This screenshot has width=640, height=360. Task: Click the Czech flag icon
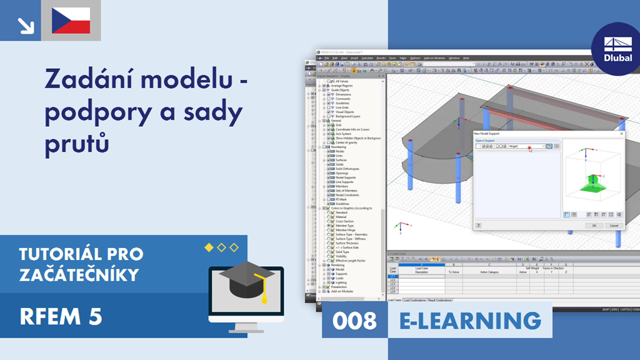click(x=71, y=21)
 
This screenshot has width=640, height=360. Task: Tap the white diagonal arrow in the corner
click(x=26, y=25)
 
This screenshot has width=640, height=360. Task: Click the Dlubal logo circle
click(x=614, y=47)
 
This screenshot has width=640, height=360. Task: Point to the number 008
click(x=354, y=321)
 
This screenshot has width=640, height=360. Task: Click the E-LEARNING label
click(x=470, y=321)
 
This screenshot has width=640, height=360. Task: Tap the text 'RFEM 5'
click(x=61, y=317)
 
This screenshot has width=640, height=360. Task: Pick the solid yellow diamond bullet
click(x=209, y=247)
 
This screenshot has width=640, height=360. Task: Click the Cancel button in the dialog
click(x=613, y=225)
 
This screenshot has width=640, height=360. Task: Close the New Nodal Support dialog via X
click(x=621, y=133)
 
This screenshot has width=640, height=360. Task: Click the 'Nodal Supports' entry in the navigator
click(x=345, y=177)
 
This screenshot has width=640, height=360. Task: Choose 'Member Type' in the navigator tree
click(x=345, y=226)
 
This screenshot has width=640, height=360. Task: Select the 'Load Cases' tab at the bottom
click(x=394, y=300)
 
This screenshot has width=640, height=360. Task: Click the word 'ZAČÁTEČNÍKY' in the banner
click(x=79, y=274)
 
